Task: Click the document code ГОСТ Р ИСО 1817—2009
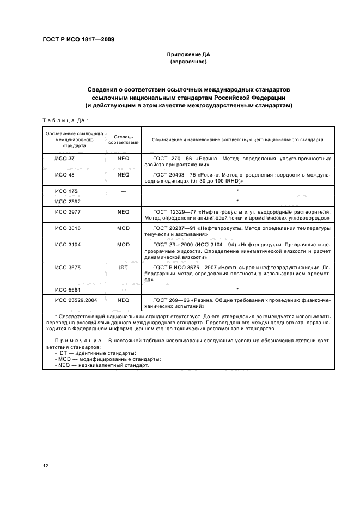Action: tap(78, 39)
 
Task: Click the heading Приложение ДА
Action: tap(188, 55)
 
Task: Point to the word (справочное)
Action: tap(188, 62)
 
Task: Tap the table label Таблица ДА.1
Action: tap(62, 120)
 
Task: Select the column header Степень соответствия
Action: tap(123, 139)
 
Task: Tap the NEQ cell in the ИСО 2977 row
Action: tap(123, 211)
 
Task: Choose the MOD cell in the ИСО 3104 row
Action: tap(123, 244)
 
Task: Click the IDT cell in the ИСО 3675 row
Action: tap(123, 268)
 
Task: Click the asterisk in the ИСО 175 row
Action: tap(237, 191)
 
